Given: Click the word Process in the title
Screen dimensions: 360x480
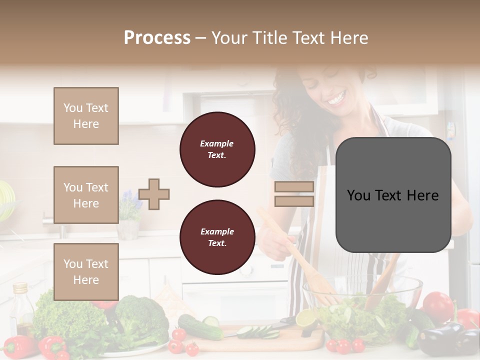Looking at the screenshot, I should point(157,38).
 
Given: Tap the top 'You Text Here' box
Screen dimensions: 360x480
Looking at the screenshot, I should point(86,116).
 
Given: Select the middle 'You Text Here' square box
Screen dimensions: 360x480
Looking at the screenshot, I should point(86,195).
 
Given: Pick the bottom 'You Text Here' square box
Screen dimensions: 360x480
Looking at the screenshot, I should point(86,271).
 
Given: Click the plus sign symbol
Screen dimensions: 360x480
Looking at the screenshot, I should point(154,194).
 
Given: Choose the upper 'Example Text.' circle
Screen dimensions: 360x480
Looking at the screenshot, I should point(217,149).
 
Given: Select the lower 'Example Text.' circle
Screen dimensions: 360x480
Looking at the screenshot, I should point(217,237).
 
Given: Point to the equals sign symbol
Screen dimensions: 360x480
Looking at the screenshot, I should point(294,194).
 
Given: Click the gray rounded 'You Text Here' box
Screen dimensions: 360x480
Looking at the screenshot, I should point(393,195).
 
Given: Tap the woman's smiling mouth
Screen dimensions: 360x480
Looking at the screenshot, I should point(335,98).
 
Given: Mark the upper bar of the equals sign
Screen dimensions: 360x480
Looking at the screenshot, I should point(294,186).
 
